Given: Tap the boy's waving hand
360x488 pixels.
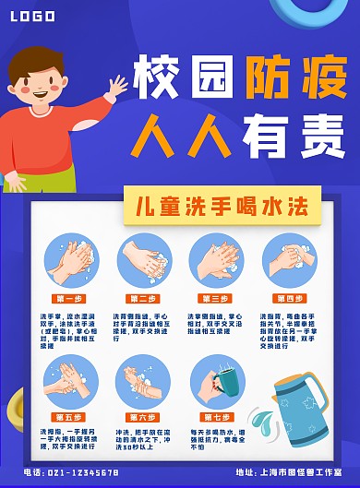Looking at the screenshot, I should (x=116, y=89).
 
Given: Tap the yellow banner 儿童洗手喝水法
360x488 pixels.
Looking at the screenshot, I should (x=222, y=205).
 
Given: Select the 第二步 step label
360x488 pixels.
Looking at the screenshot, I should (x=143, y=298).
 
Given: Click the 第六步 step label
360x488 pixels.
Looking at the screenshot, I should (x=143, y=417).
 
